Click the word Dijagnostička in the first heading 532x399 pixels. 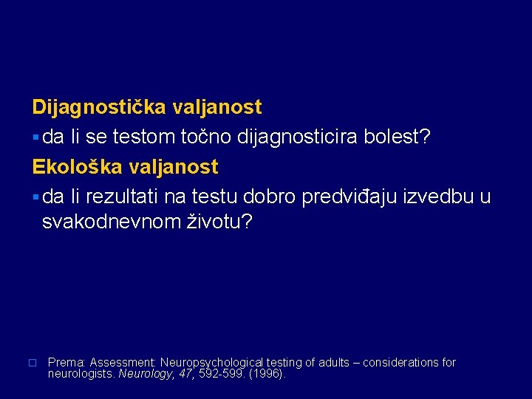coord(100,108)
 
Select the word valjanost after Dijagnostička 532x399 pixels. coord(217,108)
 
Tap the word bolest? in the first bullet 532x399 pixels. coord(399,137)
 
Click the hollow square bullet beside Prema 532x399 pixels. coord(33,364)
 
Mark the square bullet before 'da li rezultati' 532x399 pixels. coord(36,198)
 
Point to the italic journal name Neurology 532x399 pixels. coord(142,374)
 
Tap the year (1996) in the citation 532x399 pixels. coord(268,374)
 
